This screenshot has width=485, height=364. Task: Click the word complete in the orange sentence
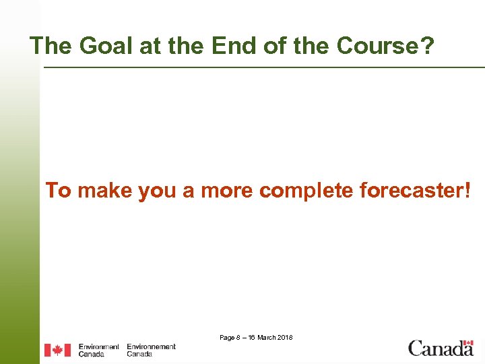coord(306,191)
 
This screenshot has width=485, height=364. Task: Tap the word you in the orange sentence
coord(157,191)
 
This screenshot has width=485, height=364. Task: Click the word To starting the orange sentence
coord(58,191)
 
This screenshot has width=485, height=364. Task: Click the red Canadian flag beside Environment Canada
coord(57,350)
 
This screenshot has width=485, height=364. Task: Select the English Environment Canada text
coord(98,350)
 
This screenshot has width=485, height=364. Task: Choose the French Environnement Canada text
coord(151,350)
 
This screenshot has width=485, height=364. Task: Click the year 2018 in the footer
coord(285,337)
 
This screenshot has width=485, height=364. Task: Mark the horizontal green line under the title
coord(263,67)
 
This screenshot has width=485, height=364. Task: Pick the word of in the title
coord(261,46)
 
